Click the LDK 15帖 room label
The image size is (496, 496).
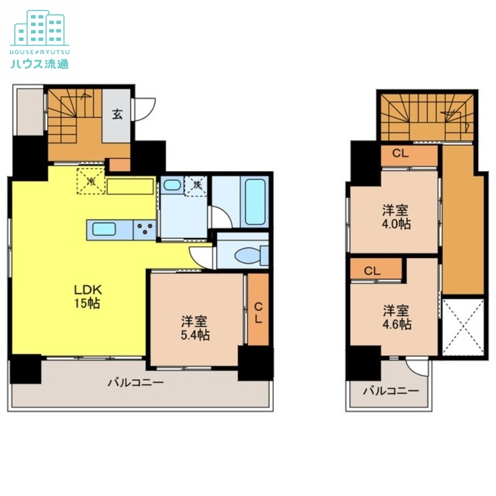(x=88, y=297)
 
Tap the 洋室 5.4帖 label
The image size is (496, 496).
(x=195, y=328)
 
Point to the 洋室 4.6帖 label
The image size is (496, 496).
(x=396, y=316)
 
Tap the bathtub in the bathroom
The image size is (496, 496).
(x=255, y=202)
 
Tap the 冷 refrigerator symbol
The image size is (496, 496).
(x=91, y=182)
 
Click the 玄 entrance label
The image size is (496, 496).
(x=117, y=115)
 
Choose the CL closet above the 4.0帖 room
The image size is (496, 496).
(x=401, y=154)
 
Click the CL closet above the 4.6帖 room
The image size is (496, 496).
(x=372, y=270)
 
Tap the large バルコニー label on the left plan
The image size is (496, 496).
(x=136, y=383)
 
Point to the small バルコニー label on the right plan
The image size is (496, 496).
(x=390, y=391)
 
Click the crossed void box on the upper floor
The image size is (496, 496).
(x=463, y=327)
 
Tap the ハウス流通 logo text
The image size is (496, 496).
(x=40, y=63)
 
